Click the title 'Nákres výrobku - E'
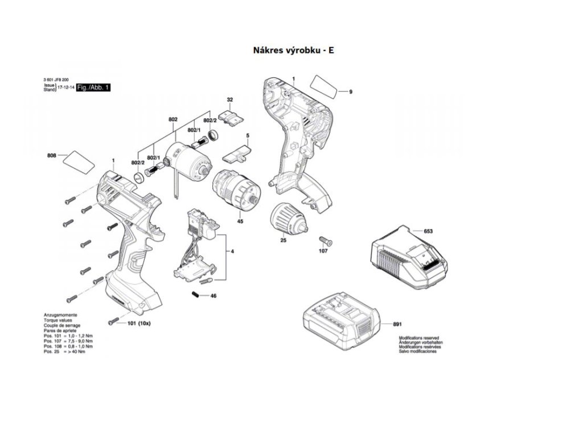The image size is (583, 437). (x=293, y=50)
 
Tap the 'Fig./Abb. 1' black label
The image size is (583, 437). (x=93, y=87)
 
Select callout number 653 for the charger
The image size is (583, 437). (x=428, y=231)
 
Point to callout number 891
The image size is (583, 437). (x=397, y=324)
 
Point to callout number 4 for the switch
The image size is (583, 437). (x=232, y=251)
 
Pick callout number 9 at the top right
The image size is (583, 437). (x=351, y=92)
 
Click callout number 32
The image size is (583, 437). (x=230, y=100)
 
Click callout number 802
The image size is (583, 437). (x=173, y=119)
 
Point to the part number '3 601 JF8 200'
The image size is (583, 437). (x=56, y=79)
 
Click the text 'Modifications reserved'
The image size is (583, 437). (x=419, y=337)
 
